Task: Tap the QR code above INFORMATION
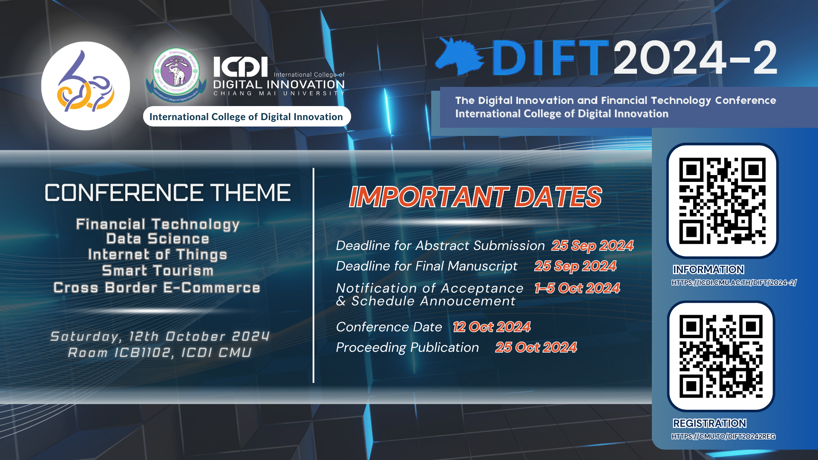(x=722, y=201)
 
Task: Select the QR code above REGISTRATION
(x=721, y=356)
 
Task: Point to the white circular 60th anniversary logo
(x=86, y=86)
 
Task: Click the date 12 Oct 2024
(x=492, y=327)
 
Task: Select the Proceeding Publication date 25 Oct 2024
(x=536, y=347)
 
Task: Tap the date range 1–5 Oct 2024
(x=577, y=288)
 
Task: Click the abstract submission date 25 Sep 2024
(x=593, y=245)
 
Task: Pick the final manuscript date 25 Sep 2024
(x=575, y=266)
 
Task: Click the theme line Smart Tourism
(x=158, y=270)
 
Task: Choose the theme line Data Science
(x=158, y=239)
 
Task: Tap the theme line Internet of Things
(x=158, y=254)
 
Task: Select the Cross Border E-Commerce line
(x=157, y=287)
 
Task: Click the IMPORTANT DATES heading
(x=475, y=197)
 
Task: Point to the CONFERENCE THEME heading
(x=167, y=193)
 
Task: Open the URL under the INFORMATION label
(x=734, y=282)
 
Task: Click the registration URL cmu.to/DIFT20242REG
(x=723, y=436)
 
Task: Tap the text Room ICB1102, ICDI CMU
(x=160, y=353)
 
